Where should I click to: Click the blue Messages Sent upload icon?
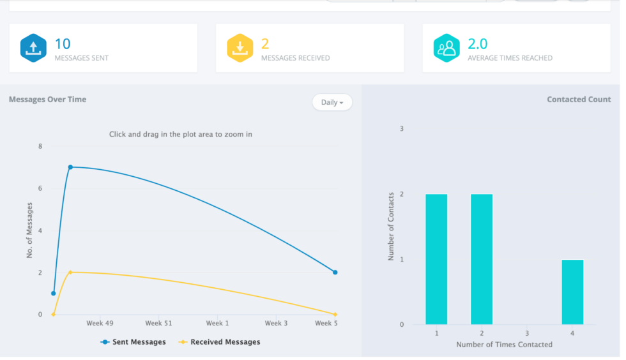point(33,48)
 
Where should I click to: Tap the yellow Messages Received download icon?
point(240,48)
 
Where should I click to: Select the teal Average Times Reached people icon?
point(447,48)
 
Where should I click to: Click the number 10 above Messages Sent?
point(63,43)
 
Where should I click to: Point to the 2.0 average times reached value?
point(477,43)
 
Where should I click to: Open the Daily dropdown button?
point(332,102)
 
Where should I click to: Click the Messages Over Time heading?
point(47,100)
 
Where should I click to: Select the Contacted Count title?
point(579,100)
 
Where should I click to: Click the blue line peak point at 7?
point(70,167)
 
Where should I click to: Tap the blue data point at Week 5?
point(335,273)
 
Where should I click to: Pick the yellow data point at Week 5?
point(335,314)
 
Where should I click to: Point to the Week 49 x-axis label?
point(101,324)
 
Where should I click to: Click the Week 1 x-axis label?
point(217,324)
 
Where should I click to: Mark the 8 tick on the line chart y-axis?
point(40,146)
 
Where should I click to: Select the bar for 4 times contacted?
point(572,292)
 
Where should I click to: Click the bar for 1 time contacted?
point(436,259)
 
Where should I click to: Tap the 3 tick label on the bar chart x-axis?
point(527,333)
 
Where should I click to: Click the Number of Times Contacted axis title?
point(504,345)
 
